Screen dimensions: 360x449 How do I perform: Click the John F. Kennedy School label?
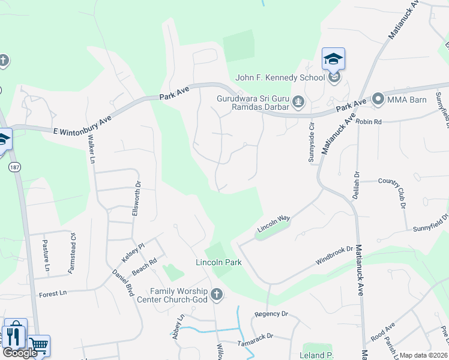tap(280, 77)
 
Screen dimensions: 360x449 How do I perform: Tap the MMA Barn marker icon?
tap(378, 98)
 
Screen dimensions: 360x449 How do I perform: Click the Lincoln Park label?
tap(218, 263)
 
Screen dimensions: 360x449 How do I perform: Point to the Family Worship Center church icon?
tap(217, 295)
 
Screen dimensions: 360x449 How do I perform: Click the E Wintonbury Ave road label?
tap(83, 124)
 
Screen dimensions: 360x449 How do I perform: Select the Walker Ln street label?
tap(92, 150)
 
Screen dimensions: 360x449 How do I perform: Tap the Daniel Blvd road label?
tap(122, 281)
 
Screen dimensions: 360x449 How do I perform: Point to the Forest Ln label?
tap(53, 294)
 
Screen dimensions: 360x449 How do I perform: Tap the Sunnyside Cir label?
tap(312, 148)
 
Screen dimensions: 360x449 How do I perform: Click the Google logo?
tap(20, 353)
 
